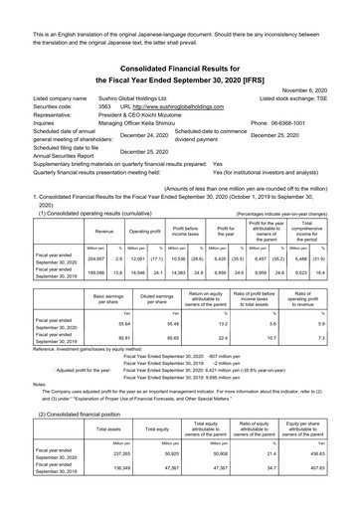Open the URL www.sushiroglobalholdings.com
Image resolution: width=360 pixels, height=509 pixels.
pos(183,105)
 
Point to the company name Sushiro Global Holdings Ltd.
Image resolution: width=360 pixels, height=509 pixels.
pos(154,97)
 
